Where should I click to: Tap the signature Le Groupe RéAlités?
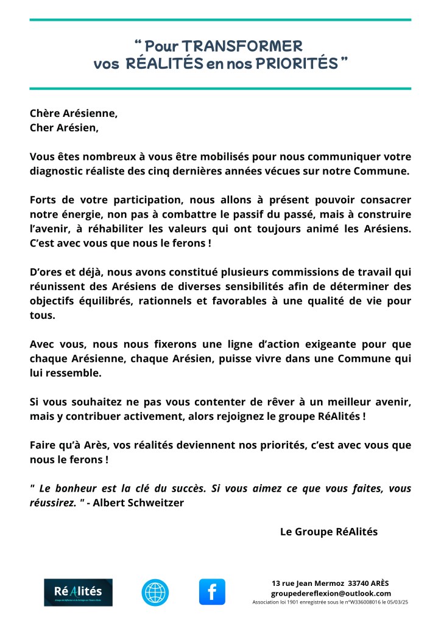[x=328, y=531]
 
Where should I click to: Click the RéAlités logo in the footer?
[x=78, y=592]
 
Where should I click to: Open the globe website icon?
[x=155, y=592]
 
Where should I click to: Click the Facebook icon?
[x=212, y=592]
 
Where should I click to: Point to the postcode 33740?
[x=355, y=583]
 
